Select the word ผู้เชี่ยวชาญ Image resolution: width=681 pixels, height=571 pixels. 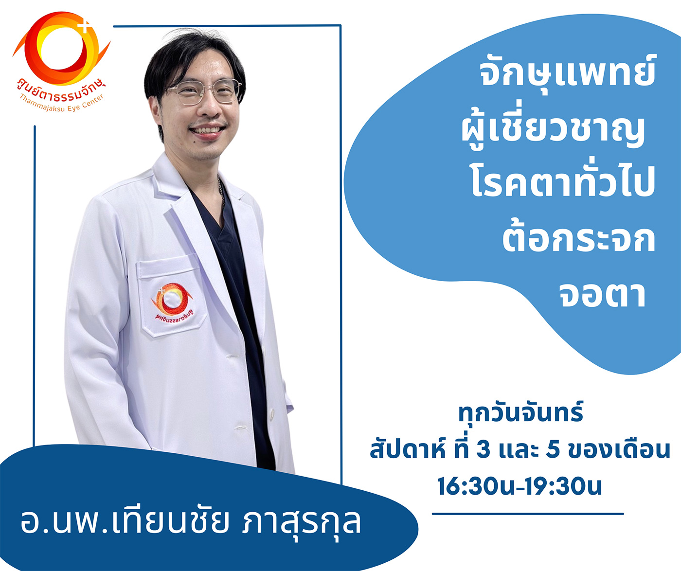pos(553,130)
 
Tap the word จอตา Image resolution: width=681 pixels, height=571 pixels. pos(602,295)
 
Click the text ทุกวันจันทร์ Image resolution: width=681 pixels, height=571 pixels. pos(520,413)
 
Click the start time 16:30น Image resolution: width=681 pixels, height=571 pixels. pos(476,486)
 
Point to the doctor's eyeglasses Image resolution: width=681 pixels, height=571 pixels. pos(205,91)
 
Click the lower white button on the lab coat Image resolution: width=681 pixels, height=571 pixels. pos(272,414)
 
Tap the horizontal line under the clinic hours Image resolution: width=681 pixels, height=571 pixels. pos(528,514)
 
